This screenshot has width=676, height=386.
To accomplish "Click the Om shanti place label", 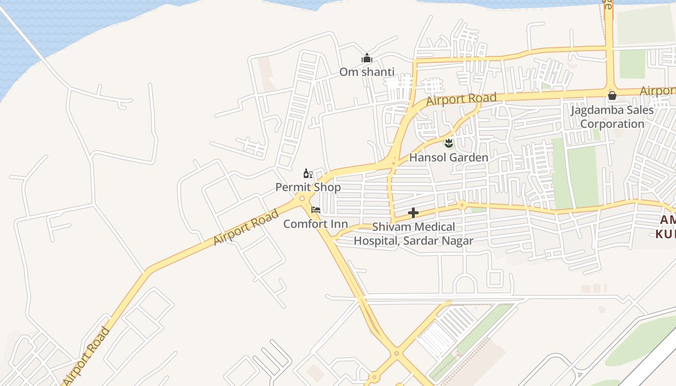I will (x=366, y=72).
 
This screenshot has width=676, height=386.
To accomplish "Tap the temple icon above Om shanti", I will (x=367, y=59).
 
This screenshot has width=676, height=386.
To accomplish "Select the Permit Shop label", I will (x=308, y=187).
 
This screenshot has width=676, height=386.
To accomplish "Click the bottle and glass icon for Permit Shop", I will (x=308, y=173).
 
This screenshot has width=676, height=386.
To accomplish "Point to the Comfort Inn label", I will (x=315, y=224).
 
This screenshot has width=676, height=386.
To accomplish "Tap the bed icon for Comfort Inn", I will (x=316, y=210).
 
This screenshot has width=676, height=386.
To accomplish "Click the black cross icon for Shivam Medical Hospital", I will (x=413, y=212).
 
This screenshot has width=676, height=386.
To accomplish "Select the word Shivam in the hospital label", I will (x=389, y=226).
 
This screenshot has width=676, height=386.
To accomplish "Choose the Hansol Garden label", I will (x=449, y=157).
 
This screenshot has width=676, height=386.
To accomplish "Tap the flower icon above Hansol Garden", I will (x=449, y=143).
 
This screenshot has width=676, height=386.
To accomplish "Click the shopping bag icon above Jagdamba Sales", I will (x=612, y=96).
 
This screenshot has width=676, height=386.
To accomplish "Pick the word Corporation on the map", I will (x=612, y=124).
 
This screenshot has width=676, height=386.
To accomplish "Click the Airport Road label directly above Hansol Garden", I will (x=461, y=99).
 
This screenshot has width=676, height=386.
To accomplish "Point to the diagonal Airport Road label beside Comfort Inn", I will (x=246, y=227).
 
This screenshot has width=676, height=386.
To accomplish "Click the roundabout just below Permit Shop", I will (x=302, y=198).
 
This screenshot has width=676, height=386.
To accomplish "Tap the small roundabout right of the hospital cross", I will (x=462, y=205).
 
